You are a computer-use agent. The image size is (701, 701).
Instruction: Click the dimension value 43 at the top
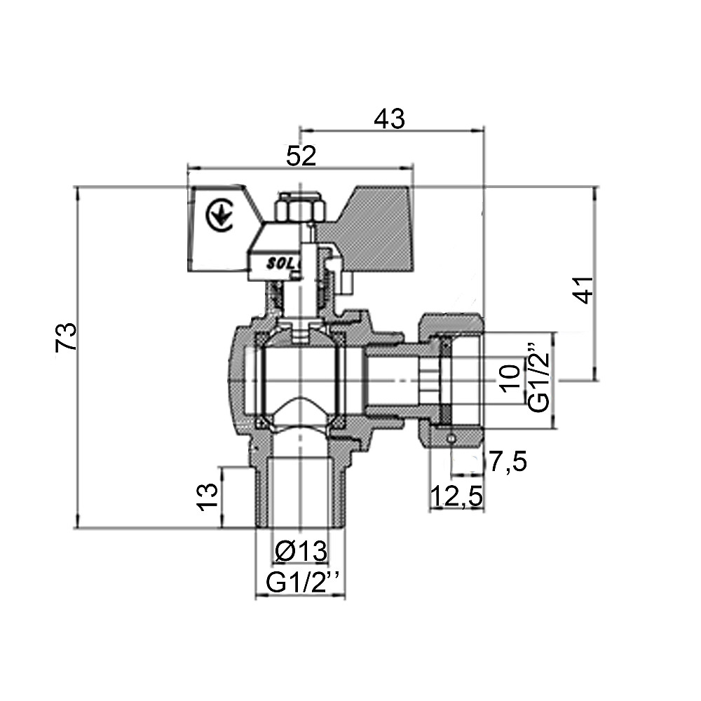(389, 119)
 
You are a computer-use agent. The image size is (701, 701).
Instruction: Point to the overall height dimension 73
(65, 337)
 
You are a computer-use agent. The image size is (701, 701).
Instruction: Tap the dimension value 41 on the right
(583, 290)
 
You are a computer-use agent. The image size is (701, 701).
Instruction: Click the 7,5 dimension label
(508, 463)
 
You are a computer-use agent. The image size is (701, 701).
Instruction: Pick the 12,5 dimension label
(456, 497)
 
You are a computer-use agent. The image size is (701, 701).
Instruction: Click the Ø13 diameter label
(301, 552)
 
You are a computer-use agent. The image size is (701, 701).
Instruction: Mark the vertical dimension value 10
(510, 377)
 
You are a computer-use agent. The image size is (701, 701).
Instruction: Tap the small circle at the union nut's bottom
(451, 438)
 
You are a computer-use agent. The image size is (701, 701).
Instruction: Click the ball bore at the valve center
(300, 379)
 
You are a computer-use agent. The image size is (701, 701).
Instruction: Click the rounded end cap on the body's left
(236, 379)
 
